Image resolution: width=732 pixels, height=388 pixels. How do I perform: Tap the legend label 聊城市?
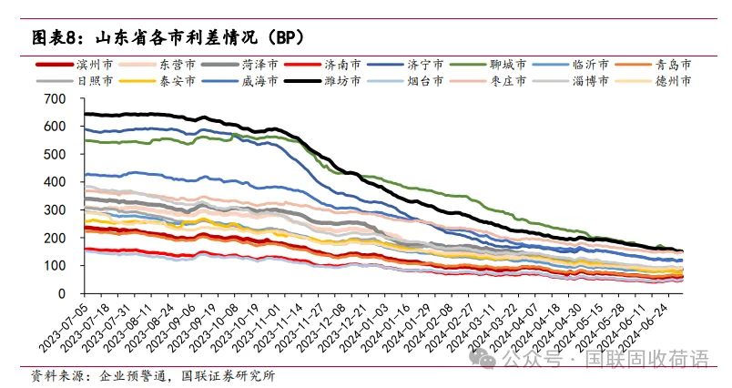(x=507, y=65)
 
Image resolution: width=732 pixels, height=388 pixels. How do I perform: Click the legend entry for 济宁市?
(x=425, y=65)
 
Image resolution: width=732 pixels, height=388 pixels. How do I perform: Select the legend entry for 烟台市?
(x=425, y=81)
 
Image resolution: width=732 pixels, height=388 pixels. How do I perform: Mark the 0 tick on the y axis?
(x=62, y=294)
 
